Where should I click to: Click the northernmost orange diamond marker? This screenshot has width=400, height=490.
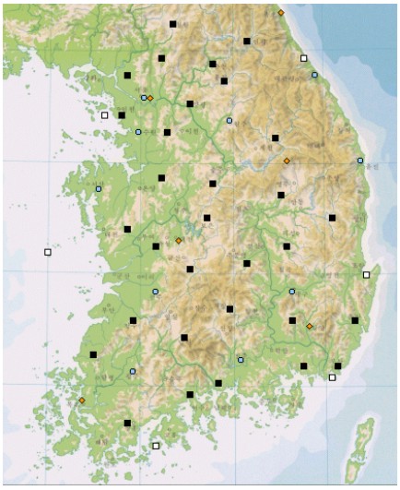point(281,13)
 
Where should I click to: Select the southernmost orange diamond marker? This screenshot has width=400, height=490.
point(82,400)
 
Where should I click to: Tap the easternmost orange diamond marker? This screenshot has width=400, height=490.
point(310,326)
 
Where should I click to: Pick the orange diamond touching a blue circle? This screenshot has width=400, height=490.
point(150,98)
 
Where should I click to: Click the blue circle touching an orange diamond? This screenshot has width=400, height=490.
point(144,97)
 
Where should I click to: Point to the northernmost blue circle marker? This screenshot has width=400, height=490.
point(314,75)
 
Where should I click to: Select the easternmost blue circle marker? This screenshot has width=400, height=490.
point(360,161)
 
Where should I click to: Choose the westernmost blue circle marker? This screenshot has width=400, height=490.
point(99,188)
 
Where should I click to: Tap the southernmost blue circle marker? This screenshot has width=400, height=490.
point(133,371)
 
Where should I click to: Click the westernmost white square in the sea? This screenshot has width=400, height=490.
point(48,252)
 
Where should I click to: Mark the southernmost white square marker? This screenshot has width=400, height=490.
point(156,446)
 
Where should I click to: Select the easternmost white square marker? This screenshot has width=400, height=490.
point(366,274)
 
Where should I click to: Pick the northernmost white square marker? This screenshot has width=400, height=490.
point(303,58)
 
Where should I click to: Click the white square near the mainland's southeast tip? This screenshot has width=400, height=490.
point(333,376)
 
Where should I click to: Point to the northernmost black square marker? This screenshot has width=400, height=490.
point(173,24)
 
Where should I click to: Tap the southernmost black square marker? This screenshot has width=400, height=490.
point(127,423)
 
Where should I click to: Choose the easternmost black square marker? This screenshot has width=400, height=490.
point(355,320)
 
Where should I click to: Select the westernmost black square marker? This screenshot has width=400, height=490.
point(93,354)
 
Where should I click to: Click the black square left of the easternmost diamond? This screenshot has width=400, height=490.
point(293,320)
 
